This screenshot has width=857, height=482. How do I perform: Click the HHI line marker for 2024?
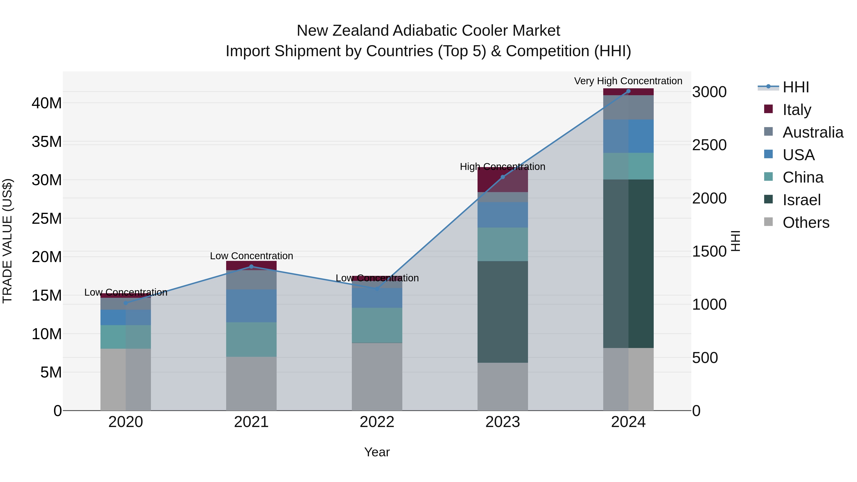click(628, 91)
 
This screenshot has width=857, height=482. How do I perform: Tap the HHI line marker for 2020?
click(126, 303)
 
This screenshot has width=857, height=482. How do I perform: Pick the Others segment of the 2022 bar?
click(377, 377)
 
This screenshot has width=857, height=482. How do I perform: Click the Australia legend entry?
click(812, 132)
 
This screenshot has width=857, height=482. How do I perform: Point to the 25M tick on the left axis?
click(47, 219)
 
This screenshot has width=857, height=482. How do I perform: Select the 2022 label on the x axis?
click(377, 422)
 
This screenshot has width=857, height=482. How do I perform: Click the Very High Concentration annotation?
click(628, 81)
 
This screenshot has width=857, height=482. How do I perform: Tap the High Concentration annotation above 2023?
click(502, 167)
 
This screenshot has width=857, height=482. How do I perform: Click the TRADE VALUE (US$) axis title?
click(7, 241)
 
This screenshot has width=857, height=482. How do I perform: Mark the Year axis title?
click(377, 452)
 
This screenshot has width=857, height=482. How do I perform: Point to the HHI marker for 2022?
click(377, 289)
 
